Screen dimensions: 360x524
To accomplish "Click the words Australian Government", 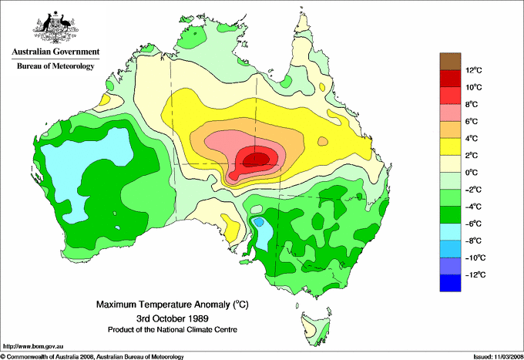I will point(54,52).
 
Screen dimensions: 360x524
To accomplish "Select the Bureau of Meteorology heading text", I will point(55,66).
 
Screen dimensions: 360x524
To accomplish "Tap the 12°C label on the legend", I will point(474,70).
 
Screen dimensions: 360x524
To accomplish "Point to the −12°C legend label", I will point(474,274).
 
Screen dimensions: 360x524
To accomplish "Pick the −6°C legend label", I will point(474,224).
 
